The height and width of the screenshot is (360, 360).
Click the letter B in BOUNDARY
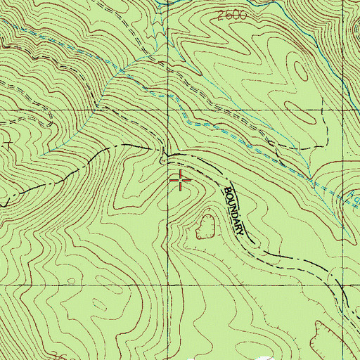point(226,190)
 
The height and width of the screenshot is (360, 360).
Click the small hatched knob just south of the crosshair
point(207,226)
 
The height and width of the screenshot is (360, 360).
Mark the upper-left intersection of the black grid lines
point(169,110)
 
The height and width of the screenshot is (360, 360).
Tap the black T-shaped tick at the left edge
point(8,144)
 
